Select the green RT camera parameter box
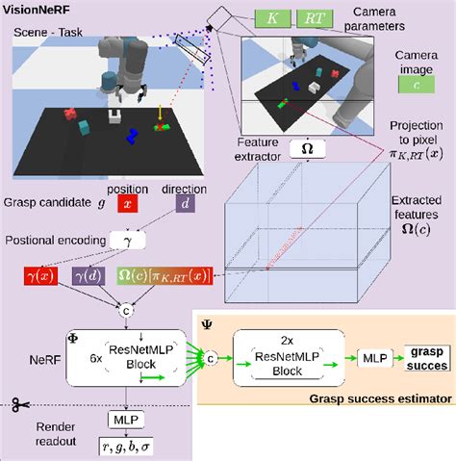click(x=316, y=17)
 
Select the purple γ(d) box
click(x=94, y=277)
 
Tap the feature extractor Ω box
click(x=306, y=149)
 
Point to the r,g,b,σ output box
click(x=127, y=445)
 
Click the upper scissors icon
click(x=17, y=404)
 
